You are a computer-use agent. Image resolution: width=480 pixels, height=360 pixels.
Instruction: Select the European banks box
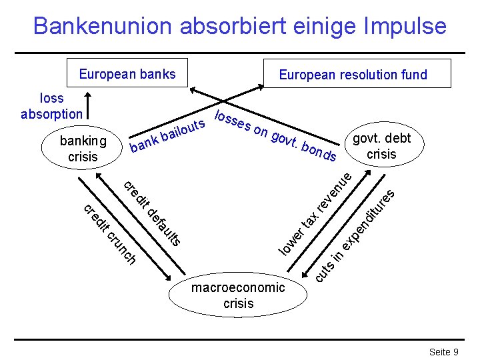pos(127,73)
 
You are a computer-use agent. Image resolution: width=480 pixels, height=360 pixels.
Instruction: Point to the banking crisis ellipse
pos(83,149)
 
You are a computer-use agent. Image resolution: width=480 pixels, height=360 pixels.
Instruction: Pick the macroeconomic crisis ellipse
pos(238,294)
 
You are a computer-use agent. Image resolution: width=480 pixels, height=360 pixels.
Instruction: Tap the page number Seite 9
pos(443,351)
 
